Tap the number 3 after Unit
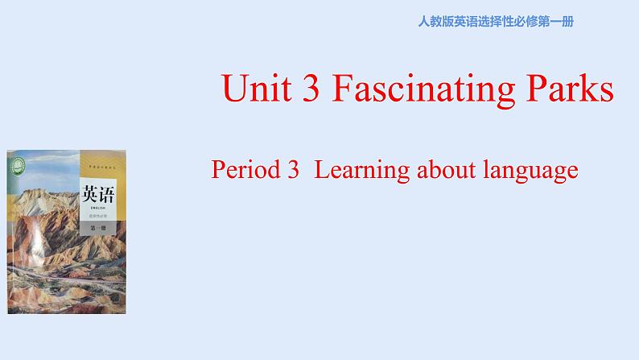pyautogui.click(x=305, y=89)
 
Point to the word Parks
pyautogui.click(x=568, y=89)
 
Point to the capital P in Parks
pyautogui.click(x=537, y=89)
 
